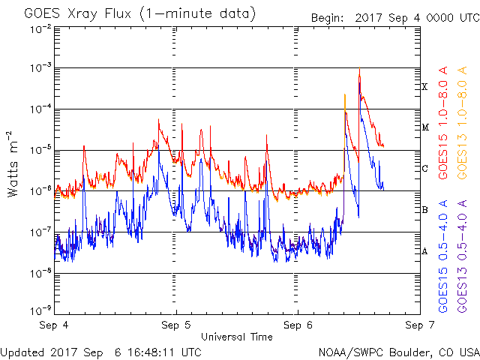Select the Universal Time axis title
click(x=236, y=337)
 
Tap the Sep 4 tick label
click(x=56, y=326)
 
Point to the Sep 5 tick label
click(x=177, y=326)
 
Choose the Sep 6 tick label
click(x=298, y=326)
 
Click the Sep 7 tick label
click(x=418, y=326)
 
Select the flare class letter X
click(x=424, y=87)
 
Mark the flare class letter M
click(x=424, y=127)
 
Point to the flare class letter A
click(x=424, y=251)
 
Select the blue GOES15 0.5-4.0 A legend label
click(x=444, y=256)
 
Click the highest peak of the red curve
click(x=360, y=69)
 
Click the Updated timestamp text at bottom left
click(x=100, y=351)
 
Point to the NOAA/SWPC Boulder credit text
click(x=398, y=351)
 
